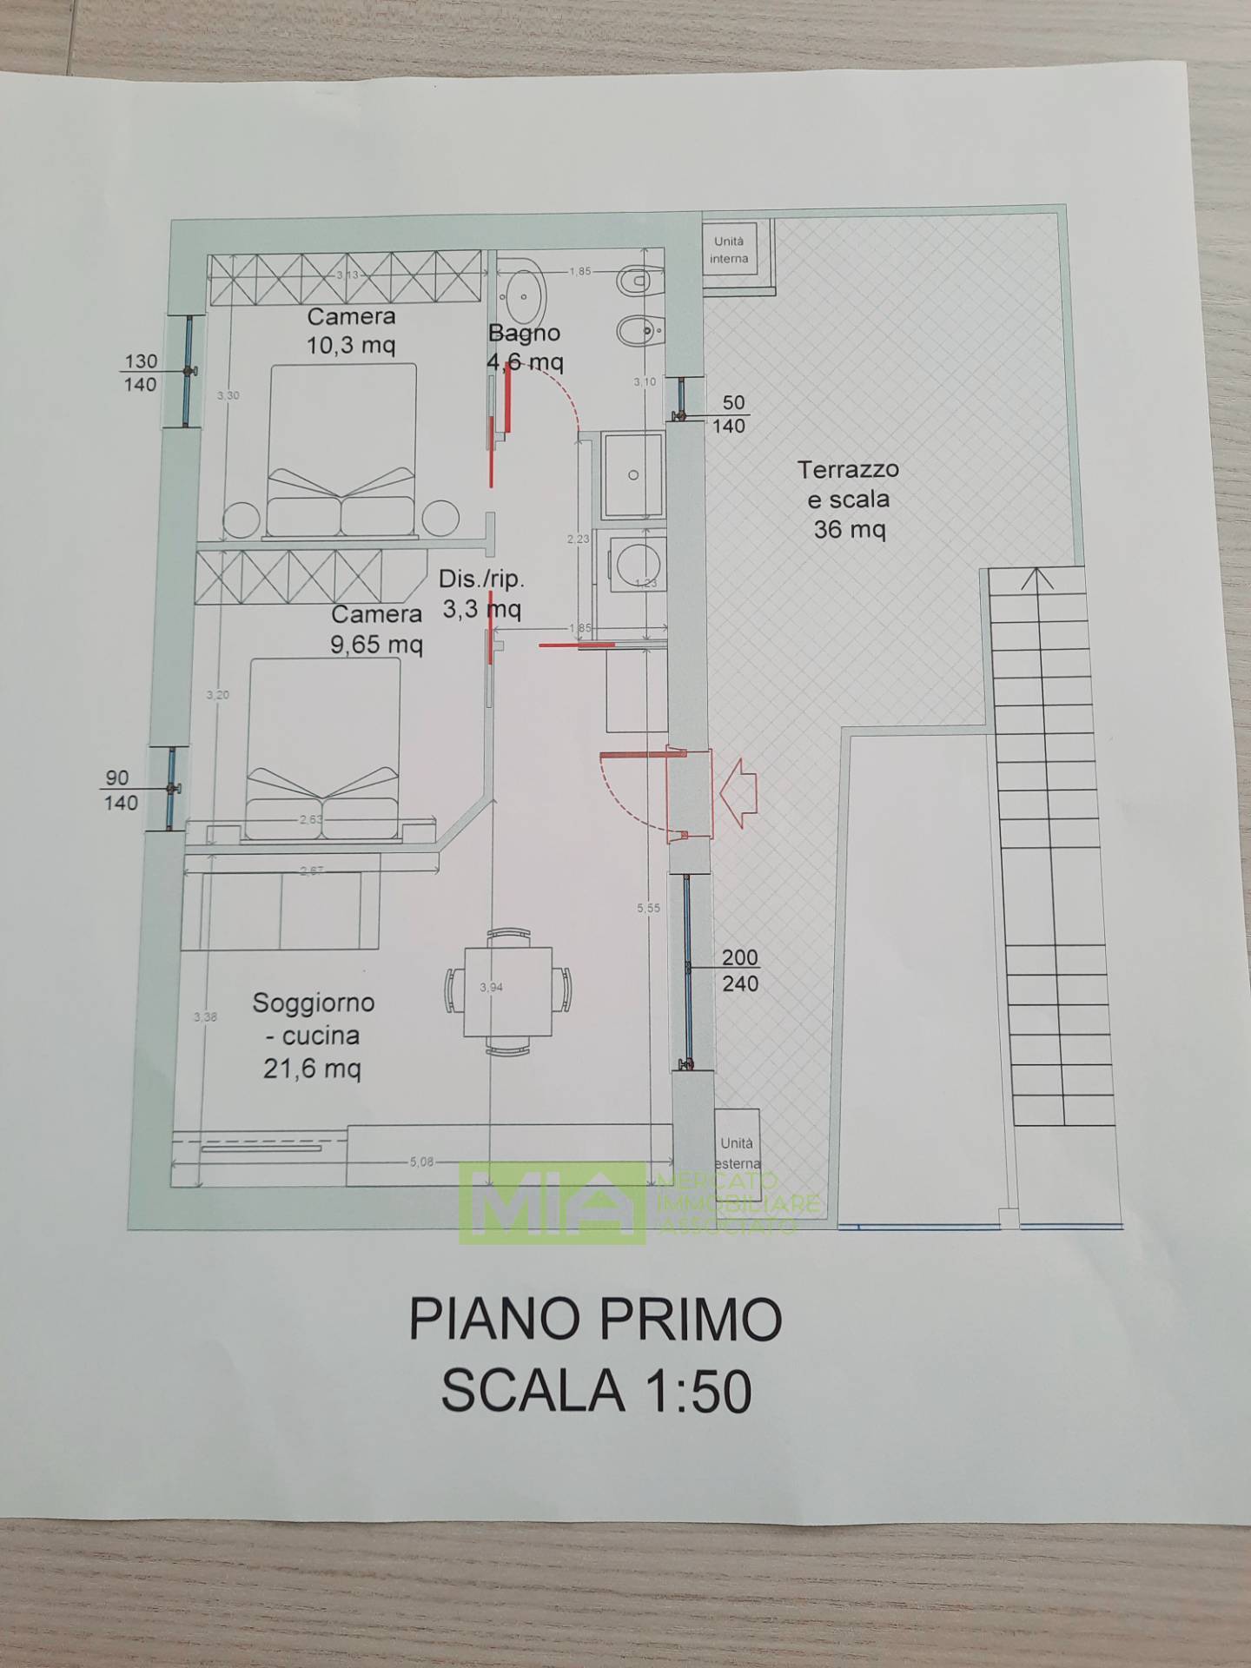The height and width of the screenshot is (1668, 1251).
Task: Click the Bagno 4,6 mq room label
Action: [525, 347]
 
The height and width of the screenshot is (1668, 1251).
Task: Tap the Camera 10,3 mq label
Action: [351, 331]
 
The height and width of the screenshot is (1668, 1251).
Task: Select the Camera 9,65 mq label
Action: [376, 629]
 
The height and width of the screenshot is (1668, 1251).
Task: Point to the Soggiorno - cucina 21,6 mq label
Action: [313, 1035]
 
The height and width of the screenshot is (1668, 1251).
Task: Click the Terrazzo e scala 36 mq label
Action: [849, 499]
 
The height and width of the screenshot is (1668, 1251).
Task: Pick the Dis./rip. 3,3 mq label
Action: [481, 594]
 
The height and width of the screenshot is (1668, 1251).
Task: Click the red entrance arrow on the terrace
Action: [738, 792]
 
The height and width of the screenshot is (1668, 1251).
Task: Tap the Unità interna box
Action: [729, 250]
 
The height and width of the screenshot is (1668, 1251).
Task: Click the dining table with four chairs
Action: [508, 991]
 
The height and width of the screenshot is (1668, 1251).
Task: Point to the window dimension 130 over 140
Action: [141, 373]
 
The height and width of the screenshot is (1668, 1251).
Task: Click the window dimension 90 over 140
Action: [119, 791]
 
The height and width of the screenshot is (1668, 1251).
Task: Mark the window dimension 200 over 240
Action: [739, 970]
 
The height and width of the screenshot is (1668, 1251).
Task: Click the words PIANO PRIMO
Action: [595, 1320]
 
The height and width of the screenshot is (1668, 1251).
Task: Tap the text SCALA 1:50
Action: [596, 1391]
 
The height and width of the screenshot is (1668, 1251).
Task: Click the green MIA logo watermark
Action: [553, 1202]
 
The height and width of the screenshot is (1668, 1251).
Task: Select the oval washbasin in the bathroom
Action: [524, 295]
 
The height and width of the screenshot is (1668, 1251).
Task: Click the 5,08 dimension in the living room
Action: [421, 1162]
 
